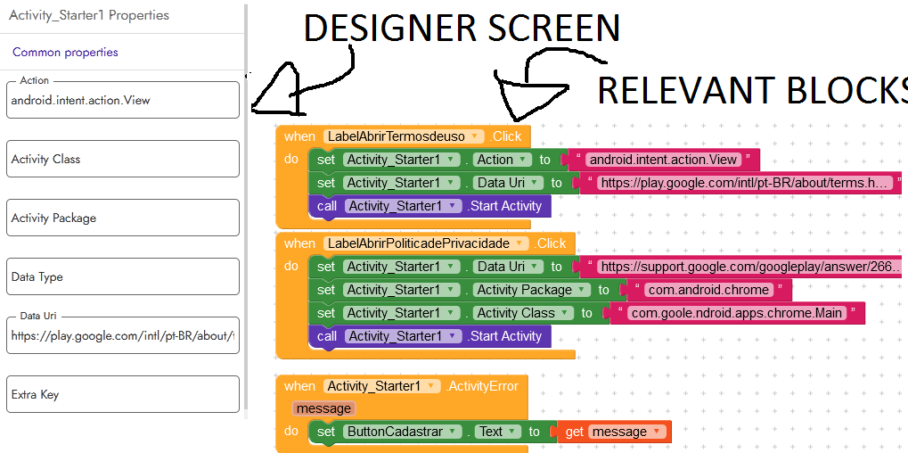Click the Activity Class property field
click(123, 159)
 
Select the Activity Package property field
click(123, 218)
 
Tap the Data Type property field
click(123, 276)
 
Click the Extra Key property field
click(123, 394)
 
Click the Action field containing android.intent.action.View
click(123, 100)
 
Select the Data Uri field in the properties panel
click(123, 336)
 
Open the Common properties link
click(65, 53)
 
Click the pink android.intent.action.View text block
click(663, 160)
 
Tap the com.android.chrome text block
click(708, 290)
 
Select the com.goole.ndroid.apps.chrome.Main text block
click(737, 313)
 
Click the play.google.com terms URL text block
click(744, 183)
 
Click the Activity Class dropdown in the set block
click(523, 313)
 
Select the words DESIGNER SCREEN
click(462, 29)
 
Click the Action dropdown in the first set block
click(501, 160)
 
